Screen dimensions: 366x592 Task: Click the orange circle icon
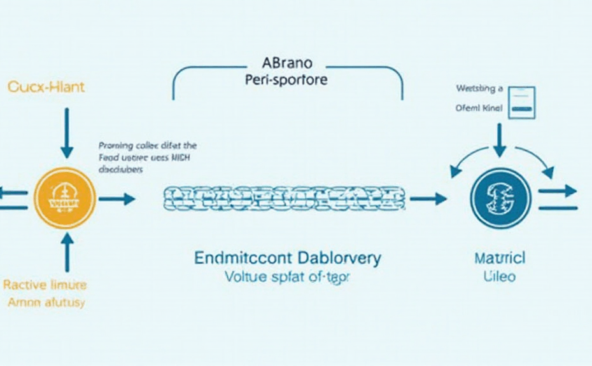pyautogui.click(x=66, y=199)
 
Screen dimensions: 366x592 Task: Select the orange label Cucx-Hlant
pyautogui.click(x=46, y=88)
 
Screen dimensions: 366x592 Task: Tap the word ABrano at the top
pyautogui.click(x=287, y=64)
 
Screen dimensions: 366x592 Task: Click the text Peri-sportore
pyautogui.click(x=286, y=81)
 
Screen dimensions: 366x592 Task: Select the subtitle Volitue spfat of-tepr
pyautogui.click(x=288, y=278)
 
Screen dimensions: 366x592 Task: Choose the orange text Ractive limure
pyautogui.click(x=46, y=285)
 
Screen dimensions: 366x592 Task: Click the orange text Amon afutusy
pyautogui.click(x=46, y=302)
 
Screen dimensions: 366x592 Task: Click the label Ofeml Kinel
pyautogui.click(x=479, y=108)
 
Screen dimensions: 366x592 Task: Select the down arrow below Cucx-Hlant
pyautogui.click(x=66, y=132)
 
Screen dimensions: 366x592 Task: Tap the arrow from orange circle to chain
pyautogui.click(x=118, y=199)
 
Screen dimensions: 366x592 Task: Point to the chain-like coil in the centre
pyautogui.click(x=283, y=199)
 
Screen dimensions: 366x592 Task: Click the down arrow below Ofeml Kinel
pyautogui.click(x=500, y=140)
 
